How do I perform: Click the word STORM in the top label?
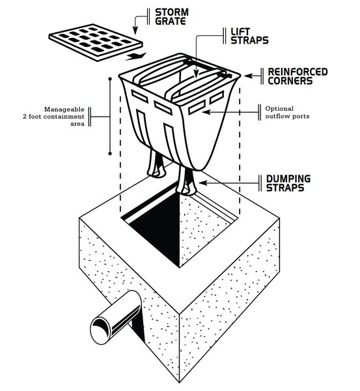coord(172,12)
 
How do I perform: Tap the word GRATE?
coord(171,21)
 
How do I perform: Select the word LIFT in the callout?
coord(240,32)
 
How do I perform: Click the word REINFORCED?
coord(298,72)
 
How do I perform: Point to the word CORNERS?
coord(290,81)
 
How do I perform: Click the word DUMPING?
coord(288,179)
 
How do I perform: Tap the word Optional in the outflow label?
coord(279,109)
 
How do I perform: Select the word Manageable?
coord(64,109)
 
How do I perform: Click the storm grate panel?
coord(96,42)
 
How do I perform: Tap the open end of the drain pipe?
coord(100,331)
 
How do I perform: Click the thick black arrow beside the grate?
coord(135,56)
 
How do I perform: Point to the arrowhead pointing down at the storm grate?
coord(135,31)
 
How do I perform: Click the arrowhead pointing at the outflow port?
coord(206,112)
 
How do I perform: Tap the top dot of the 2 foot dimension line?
coord(110,79)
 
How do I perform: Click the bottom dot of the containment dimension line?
coord(110,154)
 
